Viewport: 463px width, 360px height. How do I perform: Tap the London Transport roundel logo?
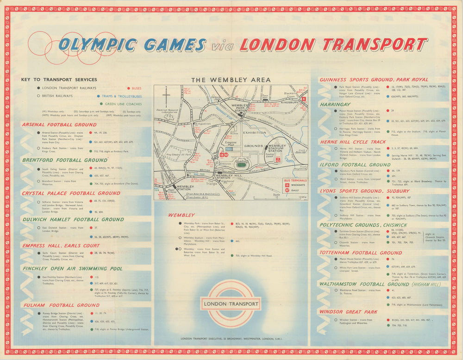231,304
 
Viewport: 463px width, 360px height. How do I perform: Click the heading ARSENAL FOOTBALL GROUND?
59,125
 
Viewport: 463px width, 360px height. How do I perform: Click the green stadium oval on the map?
241,164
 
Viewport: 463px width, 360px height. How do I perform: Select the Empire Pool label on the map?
231,143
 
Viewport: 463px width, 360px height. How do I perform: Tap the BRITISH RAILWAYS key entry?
55,96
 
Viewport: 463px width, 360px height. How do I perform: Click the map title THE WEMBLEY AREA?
231,80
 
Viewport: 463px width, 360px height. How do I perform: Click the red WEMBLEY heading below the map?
181,215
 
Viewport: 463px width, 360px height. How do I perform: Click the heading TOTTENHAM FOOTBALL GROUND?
360,253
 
